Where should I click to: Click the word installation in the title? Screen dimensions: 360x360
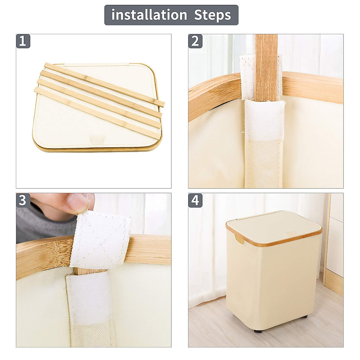(x=149, y=15)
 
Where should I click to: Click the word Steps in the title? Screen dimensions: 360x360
(x=212, y=15)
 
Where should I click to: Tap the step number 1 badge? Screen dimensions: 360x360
(x=23, y=41)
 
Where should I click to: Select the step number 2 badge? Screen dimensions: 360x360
(x=195, y=41)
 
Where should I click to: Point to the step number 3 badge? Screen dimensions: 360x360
(x=23, y=200)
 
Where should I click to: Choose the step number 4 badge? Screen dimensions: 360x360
(x=195, y=200)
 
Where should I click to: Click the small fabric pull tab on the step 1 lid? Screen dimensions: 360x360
(x=97, y=139)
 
